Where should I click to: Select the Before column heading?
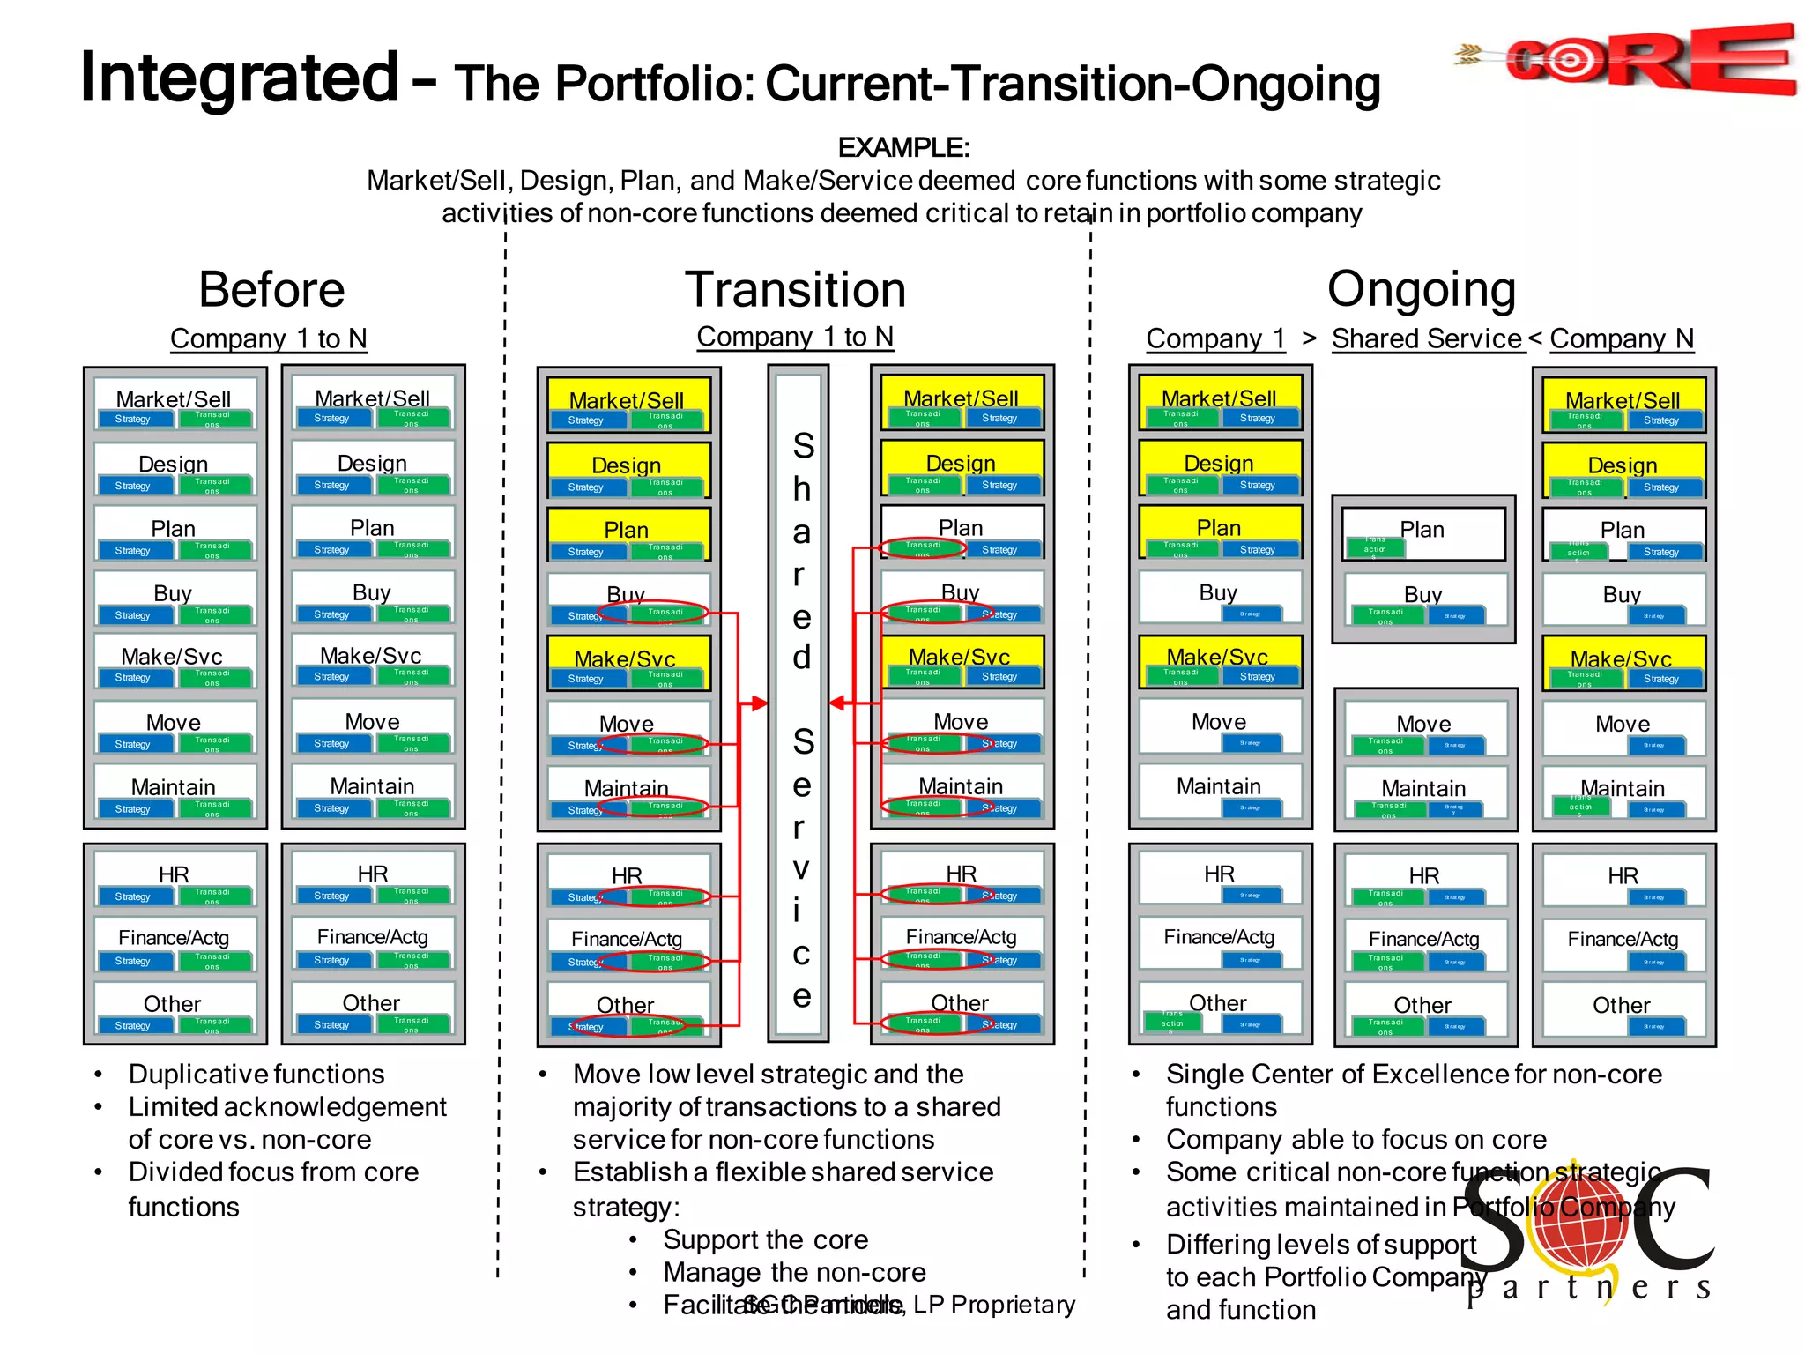[x=271, y=290]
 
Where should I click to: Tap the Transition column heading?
[x=795, y=290]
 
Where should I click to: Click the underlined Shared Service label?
[x=1427, y=339]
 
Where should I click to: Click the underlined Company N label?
[x=1621, y=339]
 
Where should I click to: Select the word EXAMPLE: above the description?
[x=902, y=147]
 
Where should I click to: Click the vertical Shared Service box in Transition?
[x=799, y=705]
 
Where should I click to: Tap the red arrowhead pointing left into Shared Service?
[x=837, y=703]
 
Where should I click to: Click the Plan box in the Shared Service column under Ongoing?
[x=1422, y=532]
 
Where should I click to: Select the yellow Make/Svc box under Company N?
[x=1623, y=663]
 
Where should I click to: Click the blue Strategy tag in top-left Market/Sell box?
[x=133, y=420]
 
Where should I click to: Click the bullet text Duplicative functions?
[x=256, y=1075]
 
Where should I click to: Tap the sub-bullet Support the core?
[x=765, y=1240]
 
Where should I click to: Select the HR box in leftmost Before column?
[x=174, y=878]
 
